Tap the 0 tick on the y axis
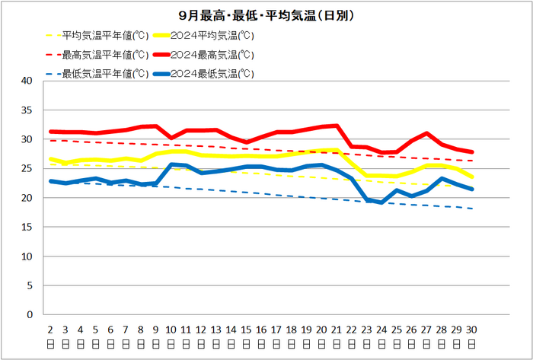(x=30, y=314)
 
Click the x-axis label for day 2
(x=50, y=335)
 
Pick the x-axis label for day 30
(x=472, y=335)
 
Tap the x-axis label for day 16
(x=261, y=335)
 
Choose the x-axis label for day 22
(x=352, y=335)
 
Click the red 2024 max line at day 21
(x=337, y=126)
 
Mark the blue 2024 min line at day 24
(x=381, y=202)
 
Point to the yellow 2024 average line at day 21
(x=337, y=150)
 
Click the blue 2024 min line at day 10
(x=171, y=164)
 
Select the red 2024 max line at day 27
(x=427, y=133)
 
